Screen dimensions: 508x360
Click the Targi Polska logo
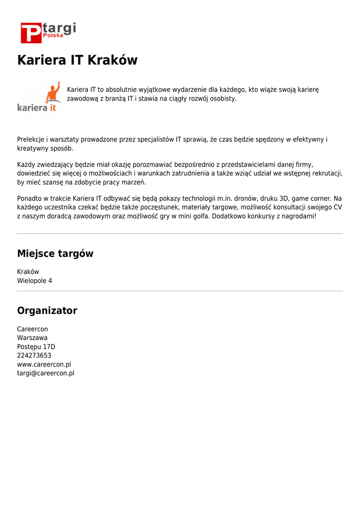(x=48, y=32)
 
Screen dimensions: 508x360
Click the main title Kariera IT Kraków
(x=77, y=61)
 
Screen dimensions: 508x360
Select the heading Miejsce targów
(x=55, y=254)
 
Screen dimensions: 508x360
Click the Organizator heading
(x=47, y=311)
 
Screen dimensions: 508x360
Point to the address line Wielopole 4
(x=34, y=281)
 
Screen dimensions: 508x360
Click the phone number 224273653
(x=34, y=356)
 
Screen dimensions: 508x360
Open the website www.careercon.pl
(x=44, y=365)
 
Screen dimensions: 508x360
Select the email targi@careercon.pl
(x=46, y=374)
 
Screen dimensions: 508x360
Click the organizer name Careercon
(x=32, y=329)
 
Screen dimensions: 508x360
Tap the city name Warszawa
(x=32, y=338)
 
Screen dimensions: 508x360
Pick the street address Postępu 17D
(x=36, y=347)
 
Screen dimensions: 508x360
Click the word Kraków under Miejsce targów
(x=28, y=272)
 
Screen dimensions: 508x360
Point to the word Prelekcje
(x=31, y=140)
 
